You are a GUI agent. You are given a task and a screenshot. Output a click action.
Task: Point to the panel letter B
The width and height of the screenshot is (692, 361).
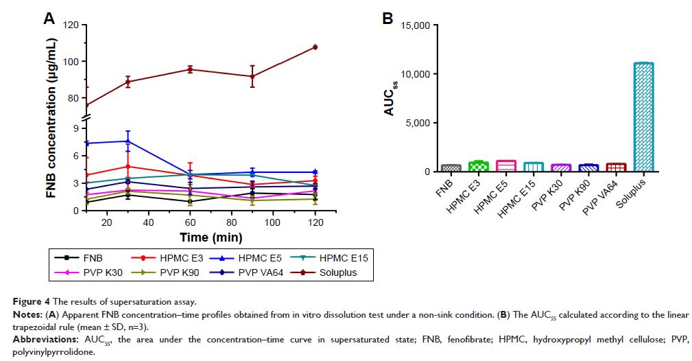[387, 19]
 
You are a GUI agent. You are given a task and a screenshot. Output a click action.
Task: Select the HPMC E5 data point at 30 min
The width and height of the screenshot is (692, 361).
[128, 141]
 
